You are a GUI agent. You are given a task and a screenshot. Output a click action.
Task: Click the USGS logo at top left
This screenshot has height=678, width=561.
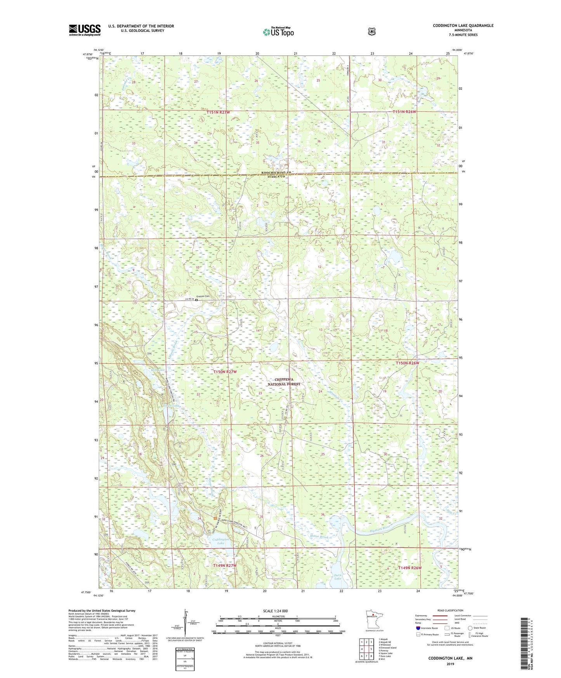(85, 30)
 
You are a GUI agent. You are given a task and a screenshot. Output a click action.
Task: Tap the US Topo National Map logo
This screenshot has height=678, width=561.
(278, 32)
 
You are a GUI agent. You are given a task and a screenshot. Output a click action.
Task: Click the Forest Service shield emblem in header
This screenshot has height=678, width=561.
(372, 31)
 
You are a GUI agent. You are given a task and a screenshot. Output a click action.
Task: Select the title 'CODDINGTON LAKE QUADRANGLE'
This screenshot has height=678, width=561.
(463, 26)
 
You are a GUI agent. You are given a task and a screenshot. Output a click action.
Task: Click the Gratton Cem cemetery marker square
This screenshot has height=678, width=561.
(196, 300)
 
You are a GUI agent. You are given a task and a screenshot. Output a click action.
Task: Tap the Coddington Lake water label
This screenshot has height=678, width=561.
(221, 541)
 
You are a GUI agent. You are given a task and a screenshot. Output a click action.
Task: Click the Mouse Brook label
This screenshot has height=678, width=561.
(319, 537)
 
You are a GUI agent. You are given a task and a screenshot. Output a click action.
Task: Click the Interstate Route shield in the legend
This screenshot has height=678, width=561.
(418, 628)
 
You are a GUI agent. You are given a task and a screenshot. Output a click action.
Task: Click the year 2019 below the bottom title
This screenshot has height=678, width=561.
(450, 664)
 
